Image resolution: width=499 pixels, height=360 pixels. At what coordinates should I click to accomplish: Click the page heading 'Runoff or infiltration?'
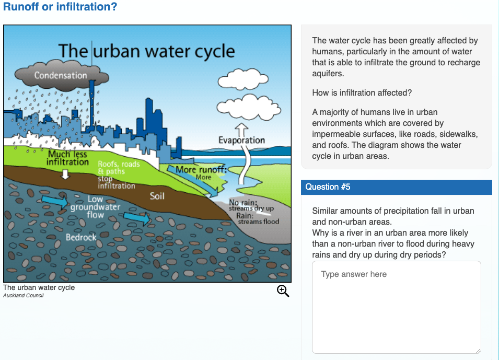(x=60, y=7)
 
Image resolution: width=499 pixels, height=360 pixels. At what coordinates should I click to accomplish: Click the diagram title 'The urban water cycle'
(x=146, y=51)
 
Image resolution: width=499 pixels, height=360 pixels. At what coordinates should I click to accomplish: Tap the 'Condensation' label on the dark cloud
(x=61, y=75)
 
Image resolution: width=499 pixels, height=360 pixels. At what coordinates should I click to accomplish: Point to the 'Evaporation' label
(x=241, y=140)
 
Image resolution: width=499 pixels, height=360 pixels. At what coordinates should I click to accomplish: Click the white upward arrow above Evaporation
(x=241, y=129)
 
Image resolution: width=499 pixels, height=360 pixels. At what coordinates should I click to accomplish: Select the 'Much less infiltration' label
(x=67, y=158)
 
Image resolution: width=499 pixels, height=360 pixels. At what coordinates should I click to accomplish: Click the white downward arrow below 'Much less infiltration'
(x=65, y=174)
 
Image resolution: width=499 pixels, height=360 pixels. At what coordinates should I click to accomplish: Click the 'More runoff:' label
(x=201, y=170)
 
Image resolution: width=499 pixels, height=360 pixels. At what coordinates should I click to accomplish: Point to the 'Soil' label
(x=157, y=196)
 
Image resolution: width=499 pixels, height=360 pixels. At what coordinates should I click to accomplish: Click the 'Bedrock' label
(x=81, y=237)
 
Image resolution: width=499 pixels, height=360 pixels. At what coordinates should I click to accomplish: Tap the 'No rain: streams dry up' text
(x=251, y=205)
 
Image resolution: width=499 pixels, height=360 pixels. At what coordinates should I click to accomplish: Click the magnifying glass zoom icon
(x=283, y=291)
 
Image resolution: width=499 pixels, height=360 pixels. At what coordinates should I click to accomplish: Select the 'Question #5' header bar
(x=396, y=187)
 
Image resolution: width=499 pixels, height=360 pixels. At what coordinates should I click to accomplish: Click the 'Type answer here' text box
(x=396, y=307)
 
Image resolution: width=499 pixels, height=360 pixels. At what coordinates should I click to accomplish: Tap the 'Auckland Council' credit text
(x=24, y=296)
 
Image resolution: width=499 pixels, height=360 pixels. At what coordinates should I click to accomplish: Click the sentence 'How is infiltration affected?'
(x=362, y=93)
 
